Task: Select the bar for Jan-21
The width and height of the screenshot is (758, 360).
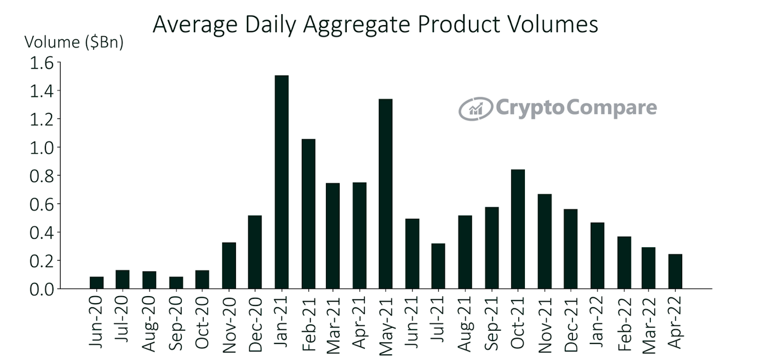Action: pyautogui.click(x=281, y=182)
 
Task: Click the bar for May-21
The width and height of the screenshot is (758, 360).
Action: pyautogui.click(x=386, y=194)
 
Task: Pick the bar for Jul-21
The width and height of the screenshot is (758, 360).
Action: pyautogui.click(x=438, y=266)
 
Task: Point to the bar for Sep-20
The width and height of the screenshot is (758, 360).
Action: pyautogui.click(x=176, y=282)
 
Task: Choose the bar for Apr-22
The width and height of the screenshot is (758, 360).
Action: pyautogui.click(x=675, y=271)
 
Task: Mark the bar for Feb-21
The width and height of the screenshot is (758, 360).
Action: pyautogui.click(x=308, y=214)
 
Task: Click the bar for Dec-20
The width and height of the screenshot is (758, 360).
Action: pyautogui.click(x=255, y=252)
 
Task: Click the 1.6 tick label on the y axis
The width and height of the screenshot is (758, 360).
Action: pyautogui.click(x=42, y=63)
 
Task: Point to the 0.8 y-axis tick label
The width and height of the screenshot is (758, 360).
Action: pyautogui.click(x=42, y=176)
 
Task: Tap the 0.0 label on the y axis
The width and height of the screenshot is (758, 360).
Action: pyautogui.click(x=42, y=289)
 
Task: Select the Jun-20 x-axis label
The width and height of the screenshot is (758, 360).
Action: pyautogui.click(x=96, y=322)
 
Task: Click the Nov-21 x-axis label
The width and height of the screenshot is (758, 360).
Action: pyautogui.click(x=545, y=325)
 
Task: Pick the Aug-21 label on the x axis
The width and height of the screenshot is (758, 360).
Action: pyautogui.click(x=466, y=324)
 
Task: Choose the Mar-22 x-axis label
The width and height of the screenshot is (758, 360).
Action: pyautogui.click(x=649, y=325)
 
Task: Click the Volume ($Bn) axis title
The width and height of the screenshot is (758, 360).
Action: pyautogui.click(x=74, y=42)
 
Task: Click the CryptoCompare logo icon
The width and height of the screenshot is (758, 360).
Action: pyautogui.click(x=475, y=109)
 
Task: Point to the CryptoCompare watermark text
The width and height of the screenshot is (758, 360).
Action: pyautogui.click(x=576, y=108)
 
